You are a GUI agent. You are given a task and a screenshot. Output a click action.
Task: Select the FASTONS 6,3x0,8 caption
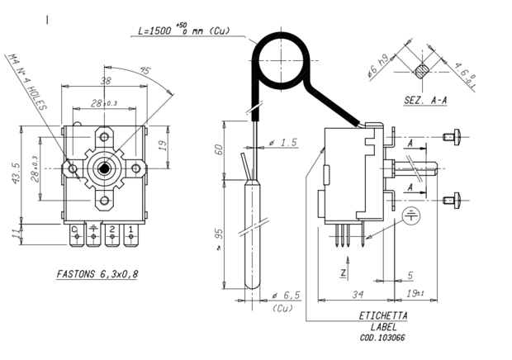97,273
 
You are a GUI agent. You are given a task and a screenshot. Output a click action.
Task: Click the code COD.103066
382,337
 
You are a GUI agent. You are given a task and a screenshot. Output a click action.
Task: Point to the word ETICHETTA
382,316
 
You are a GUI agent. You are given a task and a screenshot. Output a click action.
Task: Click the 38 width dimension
106,82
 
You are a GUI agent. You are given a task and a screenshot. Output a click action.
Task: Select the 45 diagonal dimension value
146,70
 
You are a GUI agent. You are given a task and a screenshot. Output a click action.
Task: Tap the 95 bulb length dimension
220,237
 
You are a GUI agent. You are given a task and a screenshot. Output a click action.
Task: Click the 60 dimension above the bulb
220,150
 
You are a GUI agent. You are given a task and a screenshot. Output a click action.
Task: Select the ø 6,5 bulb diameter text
283,295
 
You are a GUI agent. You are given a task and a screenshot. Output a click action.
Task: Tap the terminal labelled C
74,229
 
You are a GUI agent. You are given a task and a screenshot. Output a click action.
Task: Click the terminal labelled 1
130,229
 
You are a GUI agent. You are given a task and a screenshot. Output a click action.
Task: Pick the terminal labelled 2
111,229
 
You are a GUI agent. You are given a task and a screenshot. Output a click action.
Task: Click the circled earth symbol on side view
410,217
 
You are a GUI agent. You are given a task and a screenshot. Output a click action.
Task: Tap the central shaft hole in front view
105,168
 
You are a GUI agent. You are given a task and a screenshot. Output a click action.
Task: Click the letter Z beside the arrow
342,271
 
